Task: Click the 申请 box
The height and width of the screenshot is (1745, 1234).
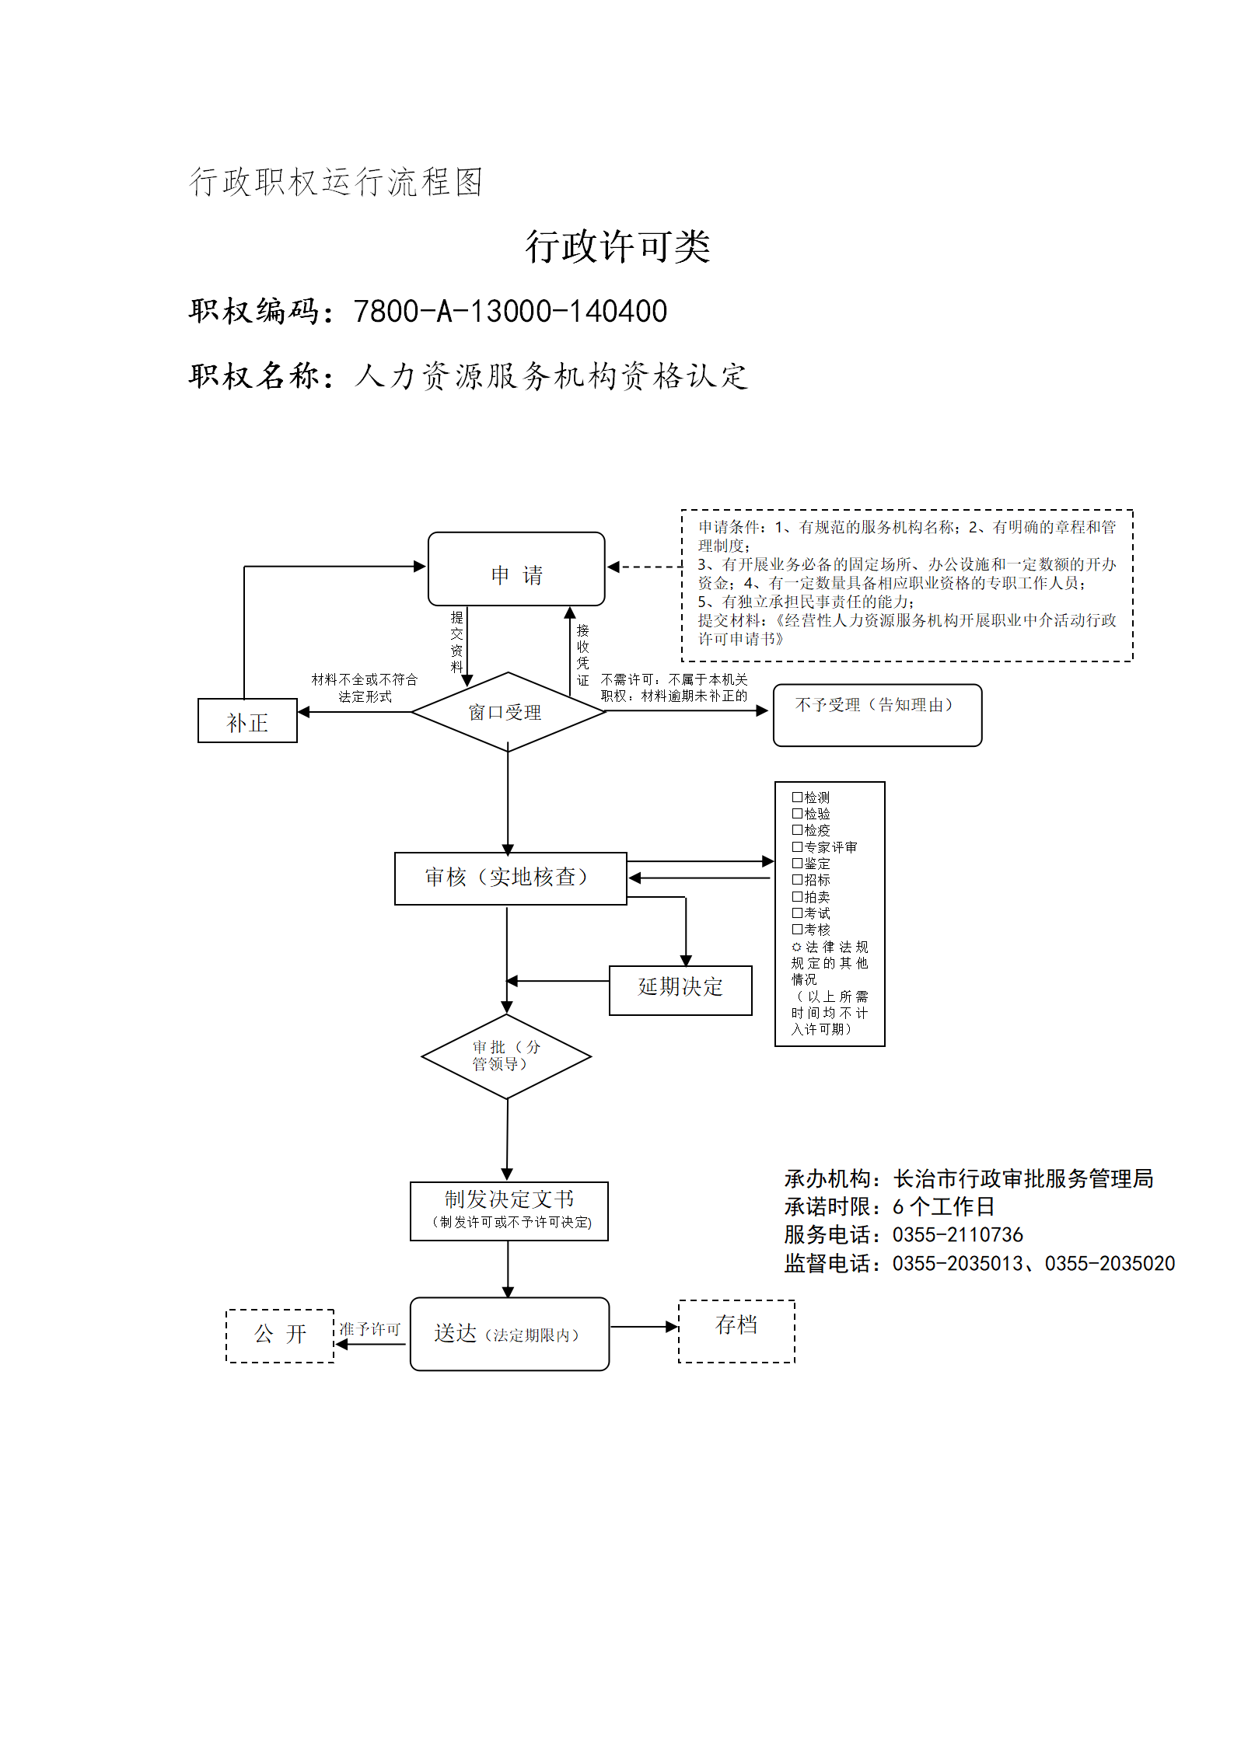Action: click(516, 569)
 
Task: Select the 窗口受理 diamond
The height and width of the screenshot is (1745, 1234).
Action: click(509, 712)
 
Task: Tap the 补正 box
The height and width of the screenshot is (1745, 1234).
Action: click(247, 721)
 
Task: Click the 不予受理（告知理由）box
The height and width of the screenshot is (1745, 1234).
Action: click(877, 715)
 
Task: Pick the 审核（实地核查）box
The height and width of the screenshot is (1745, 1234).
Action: click(511, 878)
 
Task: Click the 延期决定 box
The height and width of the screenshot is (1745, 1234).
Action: click(680, 990)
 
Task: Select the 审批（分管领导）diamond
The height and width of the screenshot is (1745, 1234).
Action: click(506, 1056)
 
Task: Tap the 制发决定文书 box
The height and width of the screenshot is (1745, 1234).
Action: click(509, 1211)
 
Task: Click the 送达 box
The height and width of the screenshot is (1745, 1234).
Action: click(509, 1334)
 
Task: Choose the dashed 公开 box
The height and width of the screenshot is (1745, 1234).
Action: click(280, 1335)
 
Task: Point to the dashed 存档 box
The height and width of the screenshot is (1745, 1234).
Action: click(736, 1331)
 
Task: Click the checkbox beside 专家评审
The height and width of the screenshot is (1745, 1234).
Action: click(797, 846)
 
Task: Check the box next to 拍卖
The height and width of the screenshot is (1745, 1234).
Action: click(797, 896)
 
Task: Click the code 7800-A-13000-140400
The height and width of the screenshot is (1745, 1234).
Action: click(510, 311)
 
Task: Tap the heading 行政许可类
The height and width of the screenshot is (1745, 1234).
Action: click(617, 246)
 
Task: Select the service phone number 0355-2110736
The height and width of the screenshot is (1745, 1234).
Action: click(958, 1234)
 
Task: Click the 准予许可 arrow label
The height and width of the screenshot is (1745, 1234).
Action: click(369, 1329)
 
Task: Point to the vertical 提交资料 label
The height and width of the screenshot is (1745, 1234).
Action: click(457, 641)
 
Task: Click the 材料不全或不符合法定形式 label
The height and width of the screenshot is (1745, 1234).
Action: click(365, 688)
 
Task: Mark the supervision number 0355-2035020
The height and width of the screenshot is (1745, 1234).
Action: click(1110, 1263)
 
